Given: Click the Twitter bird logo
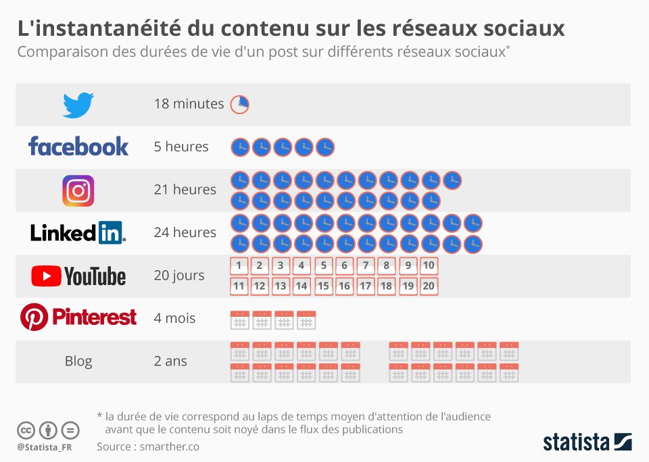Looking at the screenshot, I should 78,105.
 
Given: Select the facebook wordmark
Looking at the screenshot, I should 78,146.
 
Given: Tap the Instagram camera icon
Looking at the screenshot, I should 78,190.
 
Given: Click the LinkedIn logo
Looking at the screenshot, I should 78,232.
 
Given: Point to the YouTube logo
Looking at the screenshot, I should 78,276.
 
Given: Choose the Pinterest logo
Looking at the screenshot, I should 78,317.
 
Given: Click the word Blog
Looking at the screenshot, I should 78,361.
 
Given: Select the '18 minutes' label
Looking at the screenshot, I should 189,104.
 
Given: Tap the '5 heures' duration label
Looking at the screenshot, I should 181,147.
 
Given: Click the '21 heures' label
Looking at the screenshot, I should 185,190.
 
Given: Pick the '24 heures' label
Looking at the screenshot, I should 185,232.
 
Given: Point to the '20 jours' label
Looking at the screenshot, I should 179,276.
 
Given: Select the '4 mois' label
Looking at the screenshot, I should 175,318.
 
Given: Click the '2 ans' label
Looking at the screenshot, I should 170,361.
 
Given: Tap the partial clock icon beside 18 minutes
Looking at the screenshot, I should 240,104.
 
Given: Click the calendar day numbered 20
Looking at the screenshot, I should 429,286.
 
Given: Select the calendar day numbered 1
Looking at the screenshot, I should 239,265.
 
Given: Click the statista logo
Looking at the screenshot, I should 587,442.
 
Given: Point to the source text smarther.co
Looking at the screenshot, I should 148,446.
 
